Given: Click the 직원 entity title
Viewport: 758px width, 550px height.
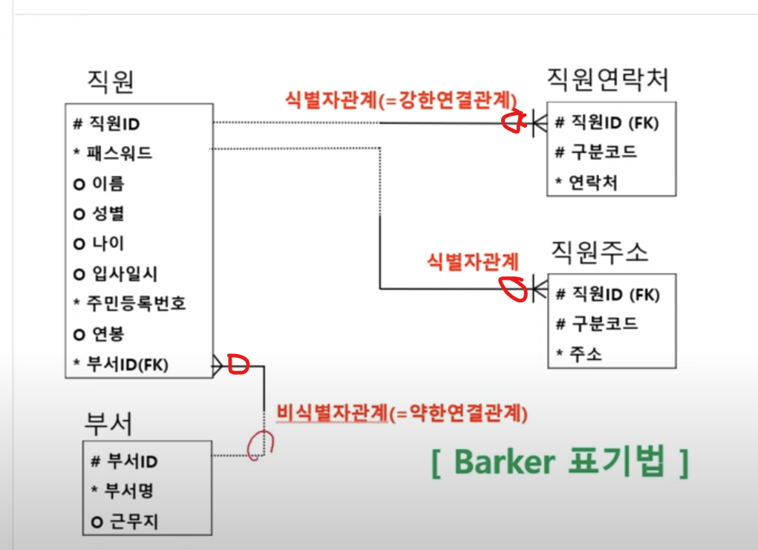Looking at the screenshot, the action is tap(111, 81).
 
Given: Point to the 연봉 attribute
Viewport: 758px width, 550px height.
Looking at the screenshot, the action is tap(108, 333).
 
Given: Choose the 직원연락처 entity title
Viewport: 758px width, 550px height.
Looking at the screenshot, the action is tap(607, 78).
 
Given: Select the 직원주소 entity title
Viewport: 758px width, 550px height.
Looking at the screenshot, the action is tap(600, 252).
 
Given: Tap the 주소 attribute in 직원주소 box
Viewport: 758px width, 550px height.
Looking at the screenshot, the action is tap(587, 353).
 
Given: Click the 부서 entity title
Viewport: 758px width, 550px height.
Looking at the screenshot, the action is tap(109, 423).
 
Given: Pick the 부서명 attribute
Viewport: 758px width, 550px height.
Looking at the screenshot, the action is tap(130, 491).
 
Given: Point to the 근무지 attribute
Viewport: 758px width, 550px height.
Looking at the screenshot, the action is tap(131, 522).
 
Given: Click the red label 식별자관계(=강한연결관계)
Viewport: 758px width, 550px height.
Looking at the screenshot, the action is tap(400, 100).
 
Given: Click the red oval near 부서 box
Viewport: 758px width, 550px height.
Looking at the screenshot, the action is tap(257, 444).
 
